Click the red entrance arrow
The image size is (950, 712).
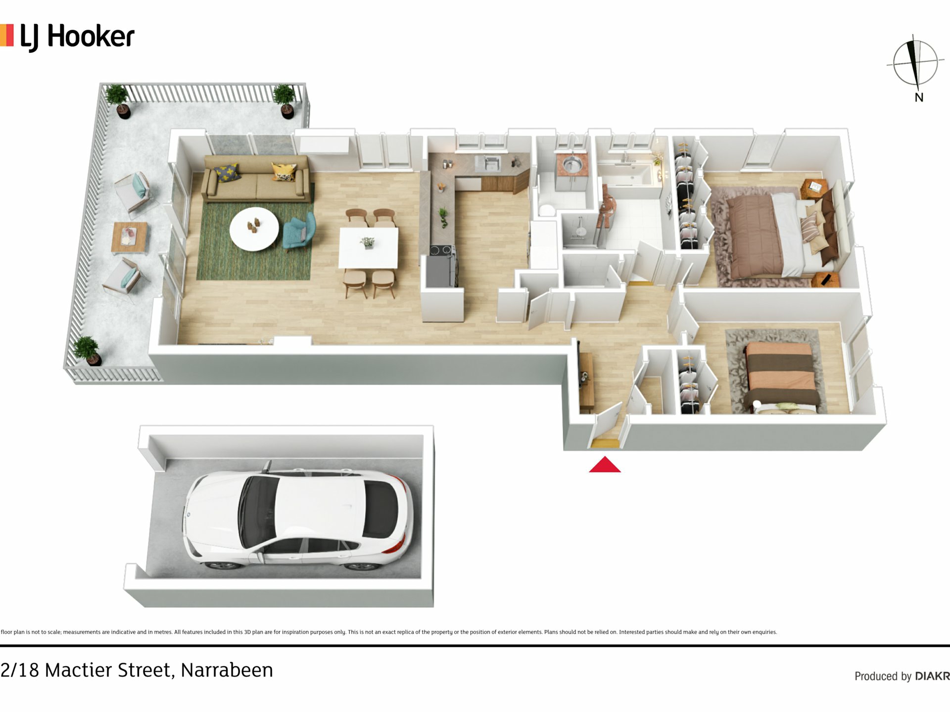[605, 465]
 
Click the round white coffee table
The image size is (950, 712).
[254, 229]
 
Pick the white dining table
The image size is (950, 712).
[369, 247]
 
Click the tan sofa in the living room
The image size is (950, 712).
[257, 178]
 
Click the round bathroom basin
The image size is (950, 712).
[571, 163]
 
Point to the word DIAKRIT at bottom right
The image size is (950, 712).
[932, 676]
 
